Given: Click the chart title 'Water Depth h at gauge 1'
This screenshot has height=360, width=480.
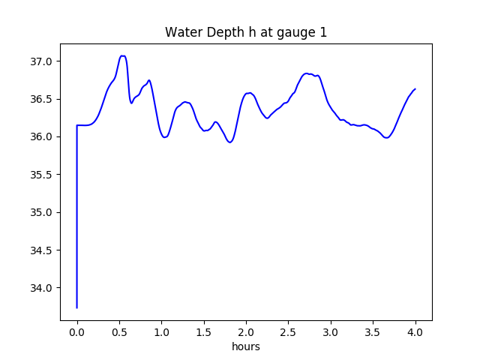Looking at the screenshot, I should pyautogui.click(x=246, y=32).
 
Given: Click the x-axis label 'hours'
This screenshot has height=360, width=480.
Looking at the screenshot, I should pyautogui.click(x=246, y=347).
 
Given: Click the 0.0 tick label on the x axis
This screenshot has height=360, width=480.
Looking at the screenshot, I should pyautogui.click(x=77, y=331).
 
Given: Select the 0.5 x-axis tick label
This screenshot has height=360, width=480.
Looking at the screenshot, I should pyautogui.click(x=119, y=331).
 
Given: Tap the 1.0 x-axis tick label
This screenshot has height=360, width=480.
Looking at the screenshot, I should pyautogui.click(x=162, y=331).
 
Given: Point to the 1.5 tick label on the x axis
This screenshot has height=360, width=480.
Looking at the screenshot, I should pyautogui.click(x=204, y=331).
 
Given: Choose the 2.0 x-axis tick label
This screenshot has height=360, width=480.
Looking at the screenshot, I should pyautogui.click(x=246, y=331).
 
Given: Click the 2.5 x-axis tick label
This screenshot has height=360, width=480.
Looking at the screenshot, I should pyautogui.click(x=289, y=331).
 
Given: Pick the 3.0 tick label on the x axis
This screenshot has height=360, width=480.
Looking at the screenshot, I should pyautogui.click(x=331, y=331).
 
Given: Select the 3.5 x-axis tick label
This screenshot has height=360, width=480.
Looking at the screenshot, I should pyautogui.click(x=373, y=331).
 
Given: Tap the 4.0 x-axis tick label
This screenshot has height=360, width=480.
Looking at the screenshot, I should pyautogui.click(x=415, y=331).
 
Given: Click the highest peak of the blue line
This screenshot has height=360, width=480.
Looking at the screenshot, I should pyautogui.click(x=123, y=55).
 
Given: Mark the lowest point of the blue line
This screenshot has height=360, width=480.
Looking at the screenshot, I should pyautogui.click(x=77, y=307).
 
